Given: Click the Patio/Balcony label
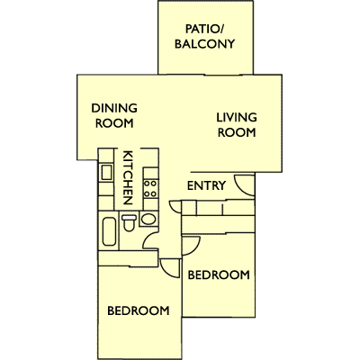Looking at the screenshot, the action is (x=204, y=37).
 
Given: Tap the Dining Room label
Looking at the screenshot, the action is (x=114, y=115).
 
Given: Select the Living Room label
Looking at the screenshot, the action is (x=237, y=125).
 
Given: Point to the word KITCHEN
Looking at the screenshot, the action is (x=128, y=177).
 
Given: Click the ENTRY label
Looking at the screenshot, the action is (x=206, y=185).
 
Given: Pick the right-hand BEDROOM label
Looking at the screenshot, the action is (x=219, y=274).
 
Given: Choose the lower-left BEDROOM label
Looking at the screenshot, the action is (x=139, y=310).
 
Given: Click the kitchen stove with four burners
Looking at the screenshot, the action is (x=150, y=189).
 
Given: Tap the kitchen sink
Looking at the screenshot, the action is (x=106, y=173).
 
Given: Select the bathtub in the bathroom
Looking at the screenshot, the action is (x=109, y=231).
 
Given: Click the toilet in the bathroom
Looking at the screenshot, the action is (x=130, y=222).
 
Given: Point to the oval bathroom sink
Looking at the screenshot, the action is (x=148, y=219).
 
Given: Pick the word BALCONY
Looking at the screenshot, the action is (x=204, y=44).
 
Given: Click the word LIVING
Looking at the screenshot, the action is (x=237, y=117).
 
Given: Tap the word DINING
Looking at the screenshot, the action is (x=114, y=108).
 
